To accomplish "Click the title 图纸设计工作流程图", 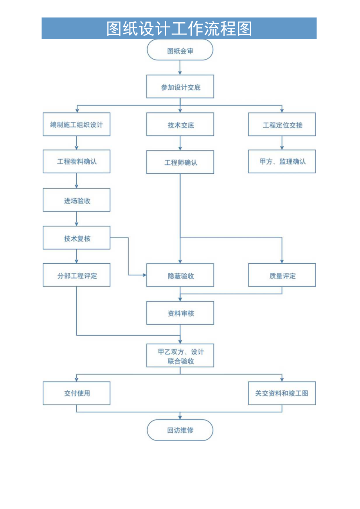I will (x=179, y=29).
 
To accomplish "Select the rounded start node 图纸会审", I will (x=180, y=50).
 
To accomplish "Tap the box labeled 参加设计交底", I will (x=180, y=87).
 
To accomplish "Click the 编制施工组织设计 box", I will (x=76, y=124).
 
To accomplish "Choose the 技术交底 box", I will (x=180, y=124).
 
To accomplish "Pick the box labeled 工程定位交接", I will (x=282, y=124).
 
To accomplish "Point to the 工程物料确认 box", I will (x=76, y=161).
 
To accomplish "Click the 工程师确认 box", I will (x=180, y=162).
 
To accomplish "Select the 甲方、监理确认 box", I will (x=282, y=161).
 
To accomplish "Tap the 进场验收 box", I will (x=76, y=200).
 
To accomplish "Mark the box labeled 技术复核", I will (x=76, y=238).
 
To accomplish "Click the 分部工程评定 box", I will (x=76, y=275).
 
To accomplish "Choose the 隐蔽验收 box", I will (x=180, y=275).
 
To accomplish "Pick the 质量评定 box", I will (x=282, y=275).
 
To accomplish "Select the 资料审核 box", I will (x=180, y=313).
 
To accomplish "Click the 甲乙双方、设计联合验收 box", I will (x=180, y=356).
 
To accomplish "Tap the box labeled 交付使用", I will (x=76, y=393).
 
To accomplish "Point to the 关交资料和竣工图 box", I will (x=282, y=393).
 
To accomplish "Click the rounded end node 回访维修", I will (x=180, y=430).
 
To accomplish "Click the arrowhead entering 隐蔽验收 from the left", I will (x=144, y=275).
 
